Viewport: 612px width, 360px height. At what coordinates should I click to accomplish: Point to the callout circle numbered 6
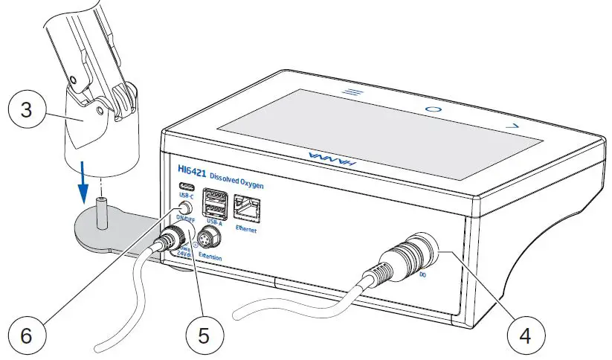pos(27,335)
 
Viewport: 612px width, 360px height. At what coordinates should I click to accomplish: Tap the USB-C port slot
pos(183,189)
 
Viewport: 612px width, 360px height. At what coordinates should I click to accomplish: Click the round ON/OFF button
pos(183,209)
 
